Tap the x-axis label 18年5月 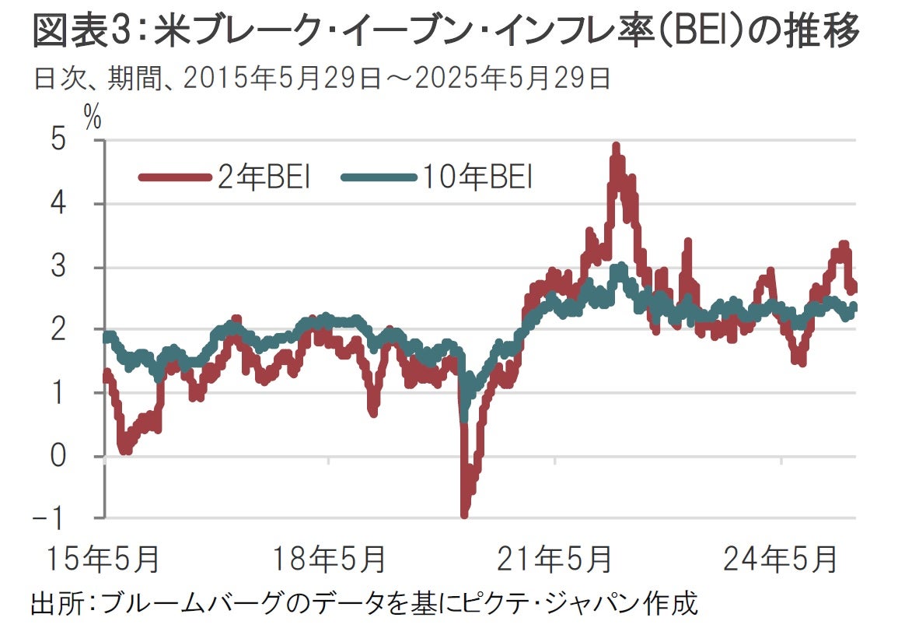[328, 558]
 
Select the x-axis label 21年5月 [554, 558]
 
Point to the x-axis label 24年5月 [780, 558]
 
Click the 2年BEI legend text [264, 178]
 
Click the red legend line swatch [176, 178]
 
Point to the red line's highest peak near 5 [616, 147]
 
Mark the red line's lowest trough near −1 [465, 514]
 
